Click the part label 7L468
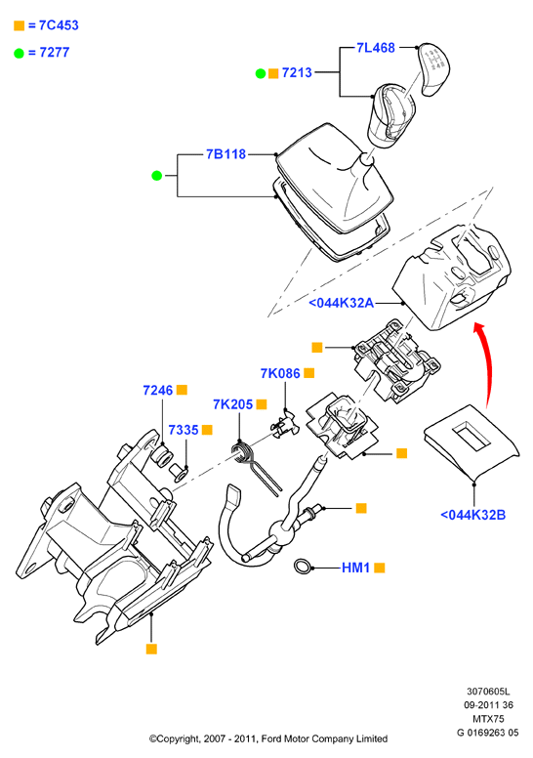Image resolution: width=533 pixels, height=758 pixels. coord(376,47)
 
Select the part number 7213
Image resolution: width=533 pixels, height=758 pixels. coord(297,72)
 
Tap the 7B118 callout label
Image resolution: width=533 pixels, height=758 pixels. coord(225,154)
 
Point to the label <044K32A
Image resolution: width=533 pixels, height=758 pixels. coord(341,303)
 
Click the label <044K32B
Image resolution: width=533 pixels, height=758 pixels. coord(473,515)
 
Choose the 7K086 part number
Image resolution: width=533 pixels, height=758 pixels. coord(280,373)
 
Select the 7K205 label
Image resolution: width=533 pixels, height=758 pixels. coord(233,404)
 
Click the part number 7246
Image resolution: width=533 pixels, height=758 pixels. coord(158,390)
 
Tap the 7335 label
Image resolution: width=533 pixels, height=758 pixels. coord(184,430)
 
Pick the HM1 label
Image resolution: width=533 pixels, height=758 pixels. coord(355,568)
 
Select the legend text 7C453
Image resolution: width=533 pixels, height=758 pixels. coord(59,25)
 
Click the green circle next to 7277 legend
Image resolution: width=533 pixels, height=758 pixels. coord(19,53)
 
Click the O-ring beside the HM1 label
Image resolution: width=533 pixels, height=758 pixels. coord(303,567)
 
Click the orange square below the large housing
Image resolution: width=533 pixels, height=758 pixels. coord(151,649)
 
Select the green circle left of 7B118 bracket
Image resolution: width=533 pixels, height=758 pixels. coord(156,176)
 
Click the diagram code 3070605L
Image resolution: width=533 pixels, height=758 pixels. coord(488,692)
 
